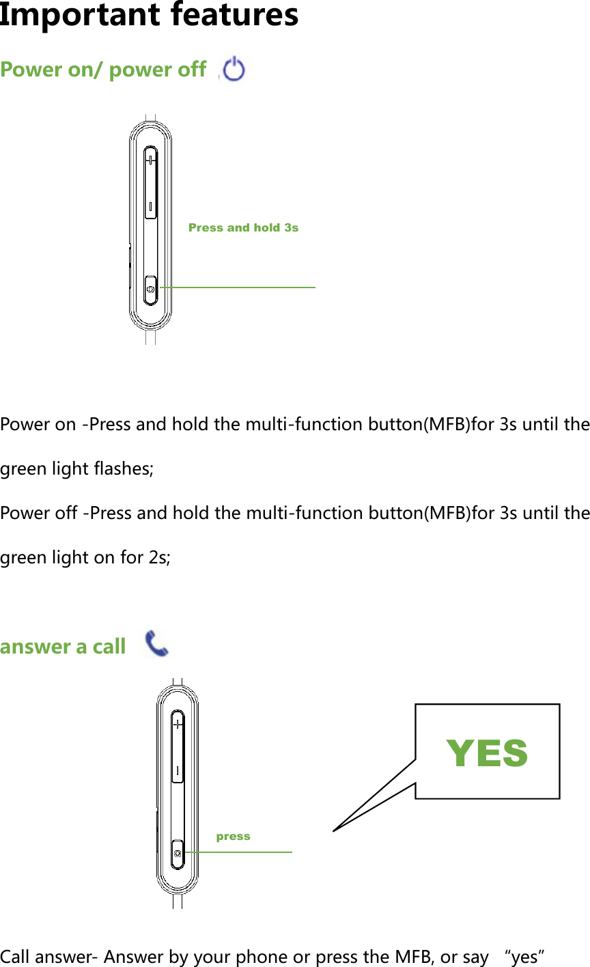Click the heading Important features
click(149, 15)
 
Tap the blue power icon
click(234, 69)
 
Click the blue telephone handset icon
click(157, 644)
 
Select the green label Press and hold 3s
click(243, 227)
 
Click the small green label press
click(233, 837)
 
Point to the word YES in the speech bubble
click(487, 753)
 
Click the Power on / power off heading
click(103, 70)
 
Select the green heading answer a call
click(63, 646)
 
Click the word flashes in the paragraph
click(126, 469)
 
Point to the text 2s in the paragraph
click(160, 558)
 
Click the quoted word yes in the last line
click(523, 957)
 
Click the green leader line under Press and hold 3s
click(239, 288)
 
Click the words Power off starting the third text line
click(38, 513)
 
